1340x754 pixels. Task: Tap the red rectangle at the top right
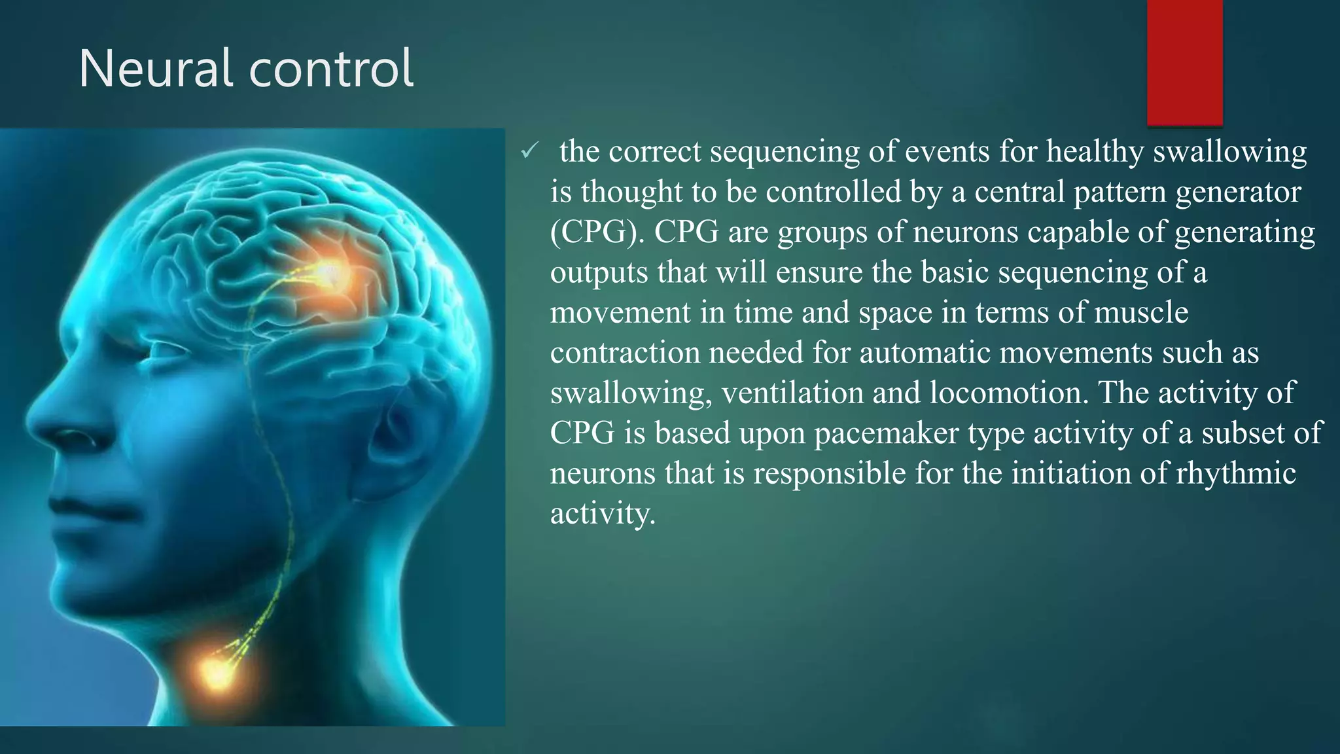tap(1184, 62)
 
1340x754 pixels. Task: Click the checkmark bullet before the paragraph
tap(529, 152)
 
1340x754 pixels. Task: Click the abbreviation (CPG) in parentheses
tap(593, 232)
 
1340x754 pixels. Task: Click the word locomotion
tap(1008, 393)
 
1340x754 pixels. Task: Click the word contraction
tap(624, 353)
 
